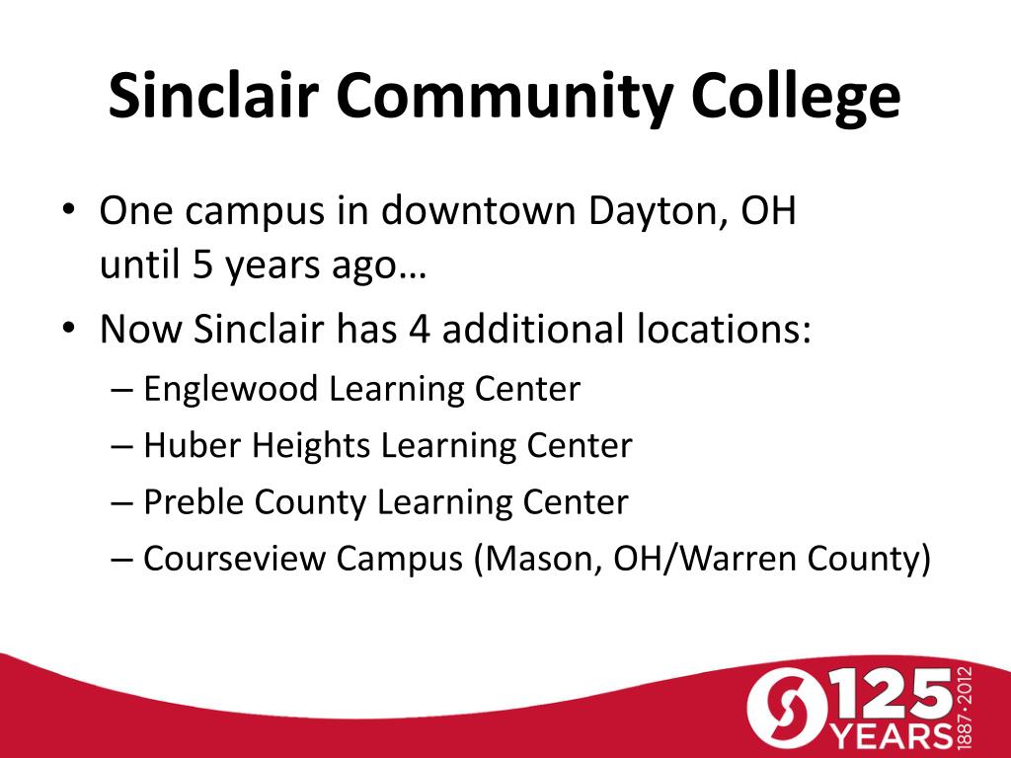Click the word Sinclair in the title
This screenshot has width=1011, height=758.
(x=213, y=95)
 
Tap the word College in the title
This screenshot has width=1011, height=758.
(x=796, y=98)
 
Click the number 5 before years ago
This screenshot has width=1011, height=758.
(x=202, y=265)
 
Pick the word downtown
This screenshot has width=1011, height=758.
(x=478, y=210)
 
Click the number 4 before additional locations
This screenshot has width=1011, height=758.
(x=419, y=328)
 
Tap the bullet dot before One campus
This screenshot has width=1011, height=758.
(x=69, y=210)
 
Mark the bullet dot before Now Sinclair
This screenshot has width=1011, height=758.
(x=69, y=328)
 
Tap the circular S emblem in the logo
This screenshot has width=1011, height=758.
(x=788, y=709)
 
